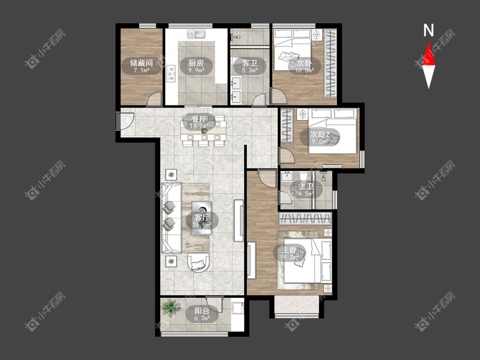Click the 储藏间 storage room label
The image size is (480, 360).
point(141,63)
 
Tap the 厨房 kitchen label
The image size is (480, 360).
point(196,63)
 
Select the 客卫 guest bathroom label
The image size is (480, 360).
point(250,63)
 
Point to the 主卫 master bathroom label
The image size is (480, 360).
point(306,186)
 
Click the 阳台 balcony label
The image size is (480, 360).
point(202,311)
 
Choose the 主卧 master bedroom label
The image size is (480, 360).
point(289,250)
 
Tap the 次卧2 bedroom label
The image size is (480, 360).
point(320,134)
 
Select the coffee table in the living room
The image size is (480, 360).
point(201,218)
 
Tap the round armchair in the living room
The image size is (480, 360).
point(199,262)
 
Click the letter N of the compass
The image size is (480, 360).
point(428,30)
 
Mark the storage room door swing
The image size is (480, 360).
point(154,99)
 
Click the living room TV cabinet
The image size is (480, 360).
point(239,221)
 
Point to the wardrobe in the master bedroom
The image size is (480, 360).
point(305,219)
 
